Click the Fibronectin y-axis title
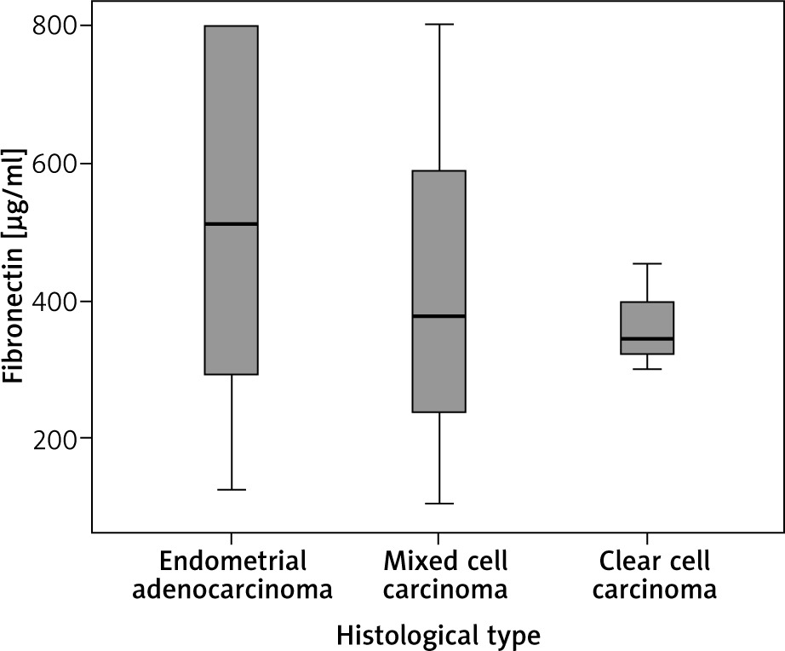click(14, 266)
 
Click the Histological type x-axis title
click(438, 635)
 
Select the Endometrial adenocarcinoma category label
click(232, 575)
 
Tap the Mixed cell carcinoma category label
click(439, 575)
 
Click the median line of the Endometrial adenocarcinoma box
click(232, 223)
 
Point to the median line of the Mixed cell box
click(439, 315)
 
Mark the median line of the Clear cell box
click(647, 338)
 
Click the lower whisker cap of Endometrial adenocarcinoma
click(232, 490)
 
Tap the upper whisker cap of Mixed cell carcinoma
click(439, 25)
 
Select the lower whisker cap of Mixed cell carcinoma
click(439, 504)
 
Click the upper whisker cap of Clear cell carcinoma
click(647, 264)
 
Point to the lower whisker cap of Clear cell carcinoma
click(647, 369)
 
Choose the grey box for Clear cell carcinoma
click(647, 320)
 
